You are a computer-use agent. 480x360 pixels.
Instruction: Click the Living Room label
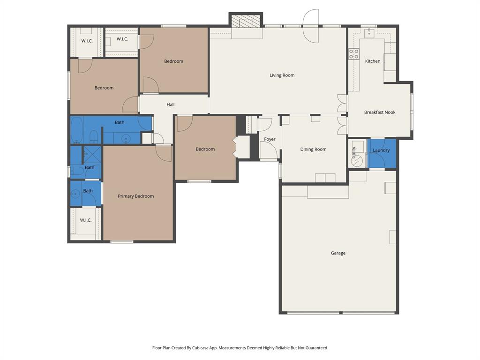[282, 75]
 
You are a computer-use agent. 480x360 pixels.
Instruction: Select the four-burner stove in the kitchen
[353, 54]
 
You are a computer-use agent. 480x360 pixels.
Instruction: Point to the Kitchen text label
[373, 61]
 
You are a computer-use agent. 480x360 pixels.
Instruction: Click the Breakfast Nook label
[380, 112]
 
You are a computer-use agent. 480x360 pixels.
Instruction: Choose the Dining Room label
[313, 149]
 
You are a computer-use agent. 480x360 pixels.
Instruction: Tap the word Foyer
[270, 139]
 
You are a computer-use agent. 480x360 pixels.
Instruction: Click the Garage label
[338, 253]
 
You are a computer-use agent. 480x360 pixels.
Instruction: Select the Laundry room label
[381, 150]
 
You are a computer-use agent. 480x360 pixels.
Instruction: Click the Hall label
[171, 105]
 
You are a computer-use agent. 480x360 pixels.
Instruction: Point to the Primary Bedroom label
[135, 196]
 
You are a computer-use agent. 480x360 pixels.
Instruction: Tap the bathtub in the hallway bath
[77, 130]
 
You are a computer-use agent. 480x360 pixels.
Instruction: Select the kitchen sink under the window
[369, 32]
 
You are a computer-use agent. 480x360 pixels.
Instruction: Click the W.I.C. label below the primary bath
[85, 220]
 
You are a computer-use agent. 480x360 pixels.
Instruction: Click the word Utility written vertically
[354, 152]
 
